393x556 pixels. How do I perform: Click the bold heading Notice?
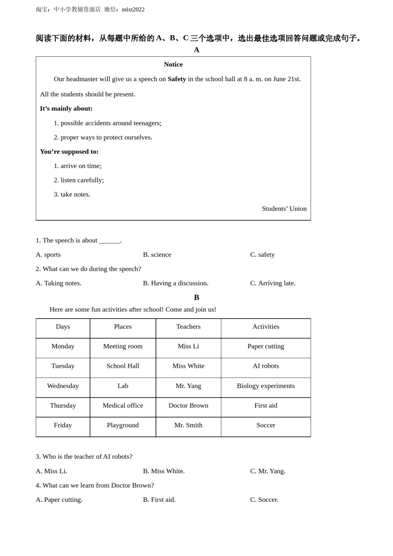[x=173, y=65]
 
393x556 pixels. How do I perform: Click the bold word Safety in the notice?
[x=177, y=79]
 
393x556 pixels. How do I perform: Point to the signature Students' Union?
[x=284, y=209]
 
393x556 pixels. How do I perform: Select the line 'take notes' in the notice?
[x=72, y=194]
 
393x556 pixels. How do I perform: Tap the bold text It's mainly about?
[x=66, y=108]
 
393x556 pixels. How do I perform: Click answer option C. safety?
[x=262, y=255]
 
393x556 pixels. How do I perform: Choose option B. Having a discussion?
[x=175, y=283]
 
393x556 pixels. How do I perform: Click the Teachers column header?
[x=188, y=327]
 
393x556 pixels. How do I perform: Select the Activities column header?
[x=266, y=327]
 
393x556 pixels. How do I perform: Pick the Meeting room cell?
[x=123, y=346]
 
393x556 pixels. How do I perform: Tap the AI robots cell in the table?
[x=266, y=366]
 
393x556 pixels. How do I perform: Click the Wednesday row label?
[x=63, y=386]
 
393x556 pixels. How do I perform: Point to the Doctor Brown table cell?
[x=188, y=406]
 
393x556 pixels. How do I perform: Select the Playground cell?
[x=123, y=425]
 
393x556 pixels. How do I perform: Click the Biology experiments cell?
[x=266, y=386]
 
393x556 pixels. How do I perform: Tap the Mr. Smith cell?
[x=188, y=425]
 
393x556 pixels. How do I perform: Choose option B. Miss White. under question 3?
[x=164, y=471]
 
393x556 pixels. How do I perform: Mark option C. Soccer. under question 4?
[x=264, y=500]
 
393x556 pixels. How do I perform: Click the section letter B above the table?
[x=196, y=297]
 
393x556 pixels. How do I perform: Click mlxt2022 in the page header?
[x=133, y=10]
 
